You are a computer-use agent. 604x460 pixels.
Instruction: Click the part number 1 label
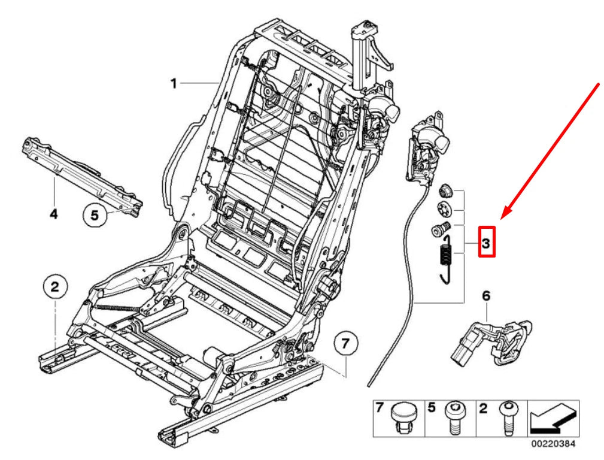pyautogui.click(x=173, y=83)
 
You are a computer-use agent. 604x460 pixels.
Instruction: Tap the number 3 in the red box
pyautogui.click(x=486, y=243)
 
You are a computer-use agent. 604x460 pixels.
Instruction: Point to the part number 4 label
pyautogui.click(x=53, y=214)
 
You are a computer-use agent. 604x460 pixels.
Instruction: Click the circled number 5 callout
pyautogui.click(x=95, y=214)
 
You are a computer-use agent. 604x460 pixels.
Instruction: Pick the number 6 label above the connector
pyautogui.click(x=485, y=295)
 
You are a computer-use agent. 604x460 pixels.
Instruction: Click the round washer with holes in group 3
pyautogui.click(x=444, y=210)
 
